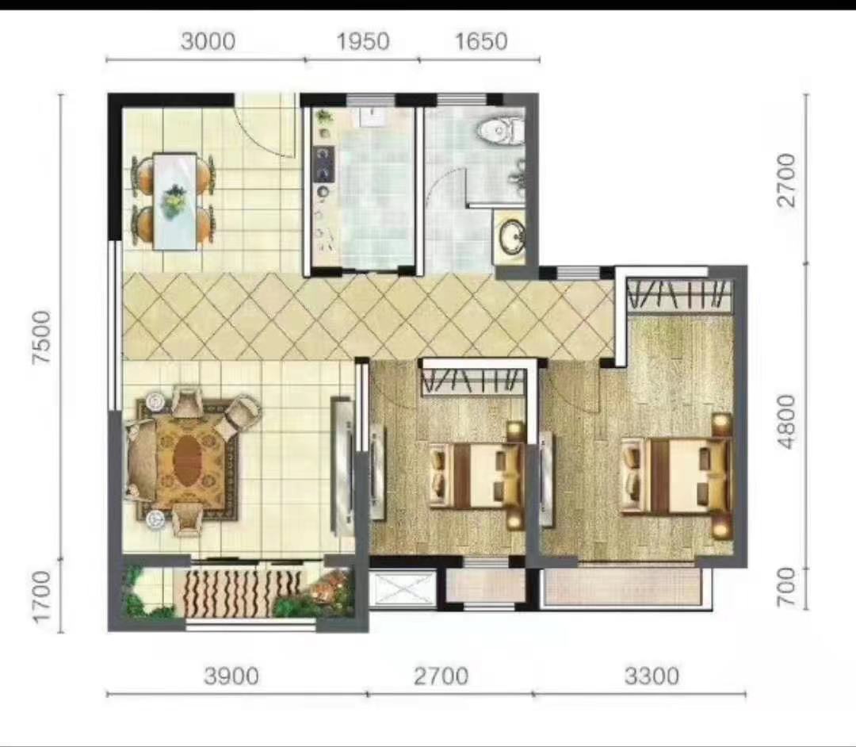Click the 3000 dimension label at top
click(x=207, y=40)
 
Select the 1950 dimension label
click(x=362, y=40)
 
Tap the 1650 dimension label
click(x=480, y=40)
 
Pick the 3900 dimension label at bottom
click(x=231, y=676)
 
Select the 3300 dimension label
click(x=651, y=676)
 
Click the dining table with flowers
click(x=174, y=201)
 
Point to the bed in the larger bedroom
click(x=678, y=476)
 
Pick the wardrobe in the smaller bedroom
click(x=473, y=381)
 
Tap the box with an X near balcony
click(x=403, y=589)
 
